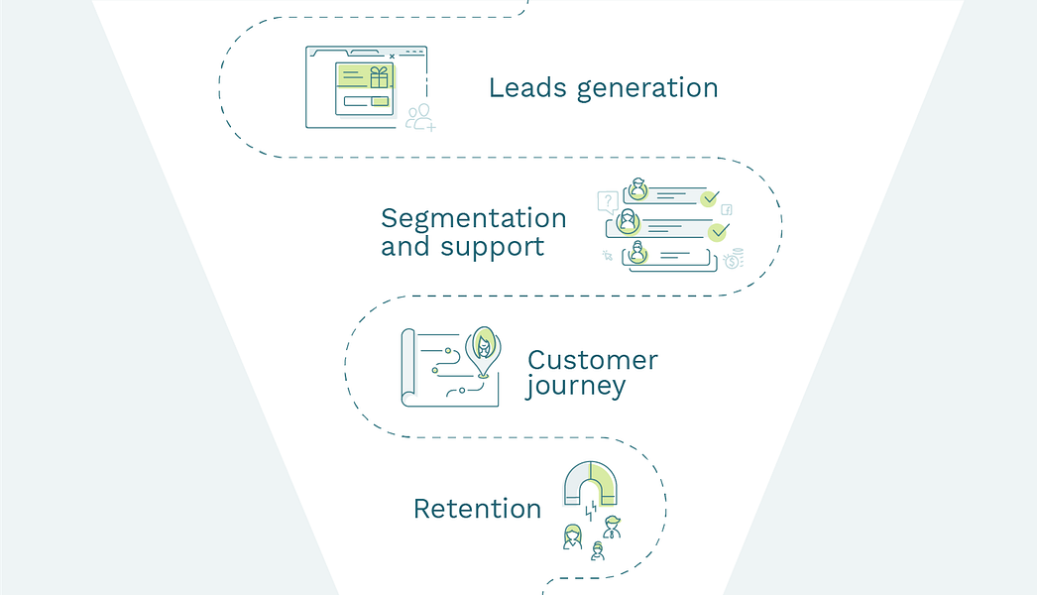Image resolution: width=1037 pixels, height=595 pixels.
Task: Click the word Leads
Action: [x=527, y=87]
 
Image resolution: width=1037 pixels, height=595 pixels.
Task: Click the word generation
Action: [x=647, y=89]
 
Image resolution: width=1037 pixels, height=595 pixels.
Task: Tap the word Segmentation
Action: [x=474, y=218]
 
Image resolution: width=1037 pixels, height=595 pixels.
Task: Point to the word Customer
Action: [x=593, y=360]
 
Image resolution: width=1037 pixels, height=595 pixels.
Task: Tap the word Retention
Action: [x=478, y=509]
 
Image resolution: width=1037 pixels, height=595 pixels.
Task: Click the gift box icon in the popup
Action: [x=379, y=77]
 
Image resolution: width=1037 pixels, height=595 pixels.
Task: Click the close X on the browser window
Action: [x=393, y=57]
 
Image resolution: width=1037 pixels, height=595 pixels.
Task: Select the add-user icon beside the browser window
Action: [x=420, y=117]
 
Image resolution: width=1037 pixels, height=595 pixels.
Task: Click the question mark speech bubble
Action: [x=608, y=201]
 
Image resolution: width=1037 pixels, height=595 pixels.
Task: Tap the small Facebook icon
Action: [x=726, y=210]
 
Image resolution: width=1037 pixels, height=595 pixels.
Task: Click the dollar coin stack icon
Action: [x=734, y=259]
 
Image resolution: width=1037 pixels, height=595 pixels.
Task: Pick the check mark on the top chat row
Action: [x=710, y=198]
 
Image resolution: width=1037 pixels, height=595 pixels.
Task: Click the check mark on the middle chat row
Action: [x=718, y=232]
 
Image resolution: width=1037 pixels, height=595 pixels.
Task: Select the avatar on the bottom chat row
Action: [x=636, y=252]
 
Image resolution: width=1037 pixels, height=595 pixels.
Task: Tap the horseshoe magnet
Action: [x=590, y=483]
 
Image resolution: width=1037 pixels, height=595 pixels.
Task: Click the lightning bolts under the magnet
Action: [x=591, y=511]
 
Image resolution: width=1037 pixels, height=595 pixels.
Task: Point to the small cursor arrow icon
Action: [x=607, y=256]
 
